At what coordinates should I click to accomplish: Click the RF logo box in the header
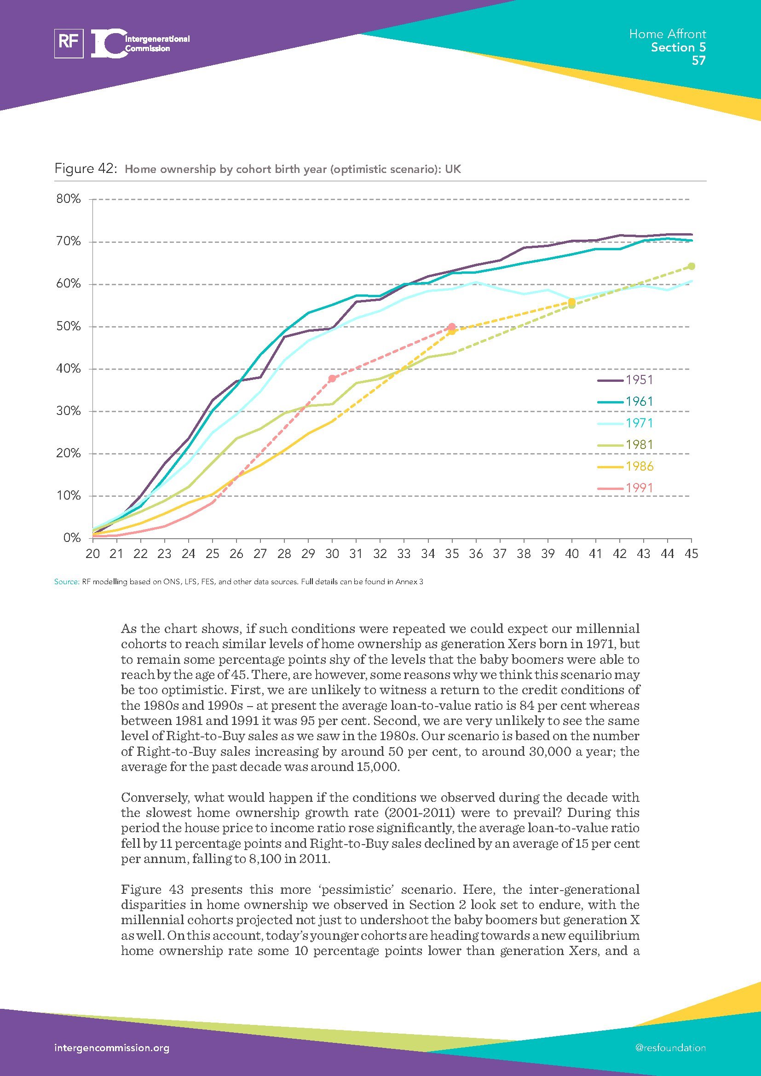[x=69, y=43]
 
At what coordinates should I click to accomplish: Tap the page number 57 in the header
[x=698, y=60]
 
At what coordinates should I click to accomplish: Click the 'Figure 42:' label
[x=85, y=169]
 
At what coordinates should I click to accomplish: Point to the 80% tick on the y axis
[x=69, y=199]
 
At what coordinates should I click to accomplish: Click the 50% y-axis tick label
[x=69, y=326]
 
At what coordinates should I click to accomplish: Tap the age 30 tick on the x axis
[x=332, y=554]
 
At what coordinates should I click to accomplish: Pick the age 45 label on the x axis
[x=691, y=554]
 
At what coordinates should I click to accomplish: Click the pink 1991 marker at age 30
[x=332, y=379]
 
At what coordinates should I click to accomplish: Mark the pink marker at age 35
[x=451, y=327]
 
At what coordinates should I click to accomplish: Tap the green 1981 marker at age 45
[x=691, y=266]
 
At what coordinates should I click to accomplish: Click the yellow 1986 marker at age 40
[x=571, y=302]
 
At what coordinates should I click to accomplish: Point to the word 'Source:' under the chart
[x=67, y=582]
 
